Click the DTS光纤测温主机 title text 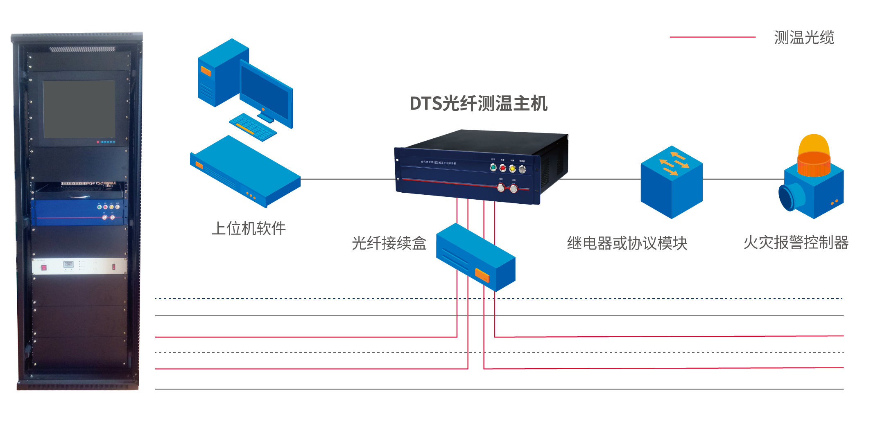[478, 104]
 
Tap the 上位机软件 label [249, 228]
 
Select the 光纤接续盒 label [389, 243]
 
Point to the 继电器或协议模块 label [627, 243]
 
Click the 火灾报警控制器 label [796, 243]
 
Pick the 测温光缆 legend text [804, 37]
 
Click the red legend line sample [713, 37]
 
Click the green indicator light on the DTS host [493, 167]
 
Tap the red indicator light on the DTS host [503, 168]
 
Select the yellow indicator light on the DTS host [512, 169]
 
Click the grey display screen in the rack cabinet [79, 109]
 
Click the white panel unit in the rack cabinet [79, 266]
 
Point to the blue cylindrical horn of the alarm [788, 197]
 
